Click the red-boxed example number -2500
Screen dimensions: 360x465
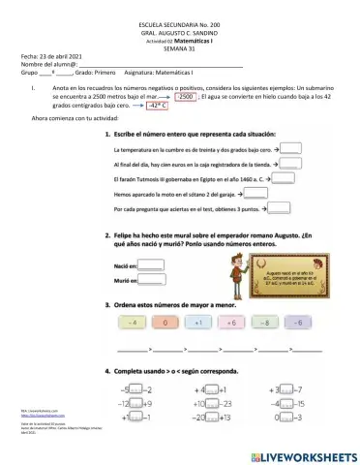pyautogui.click(x=188, y=97)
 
